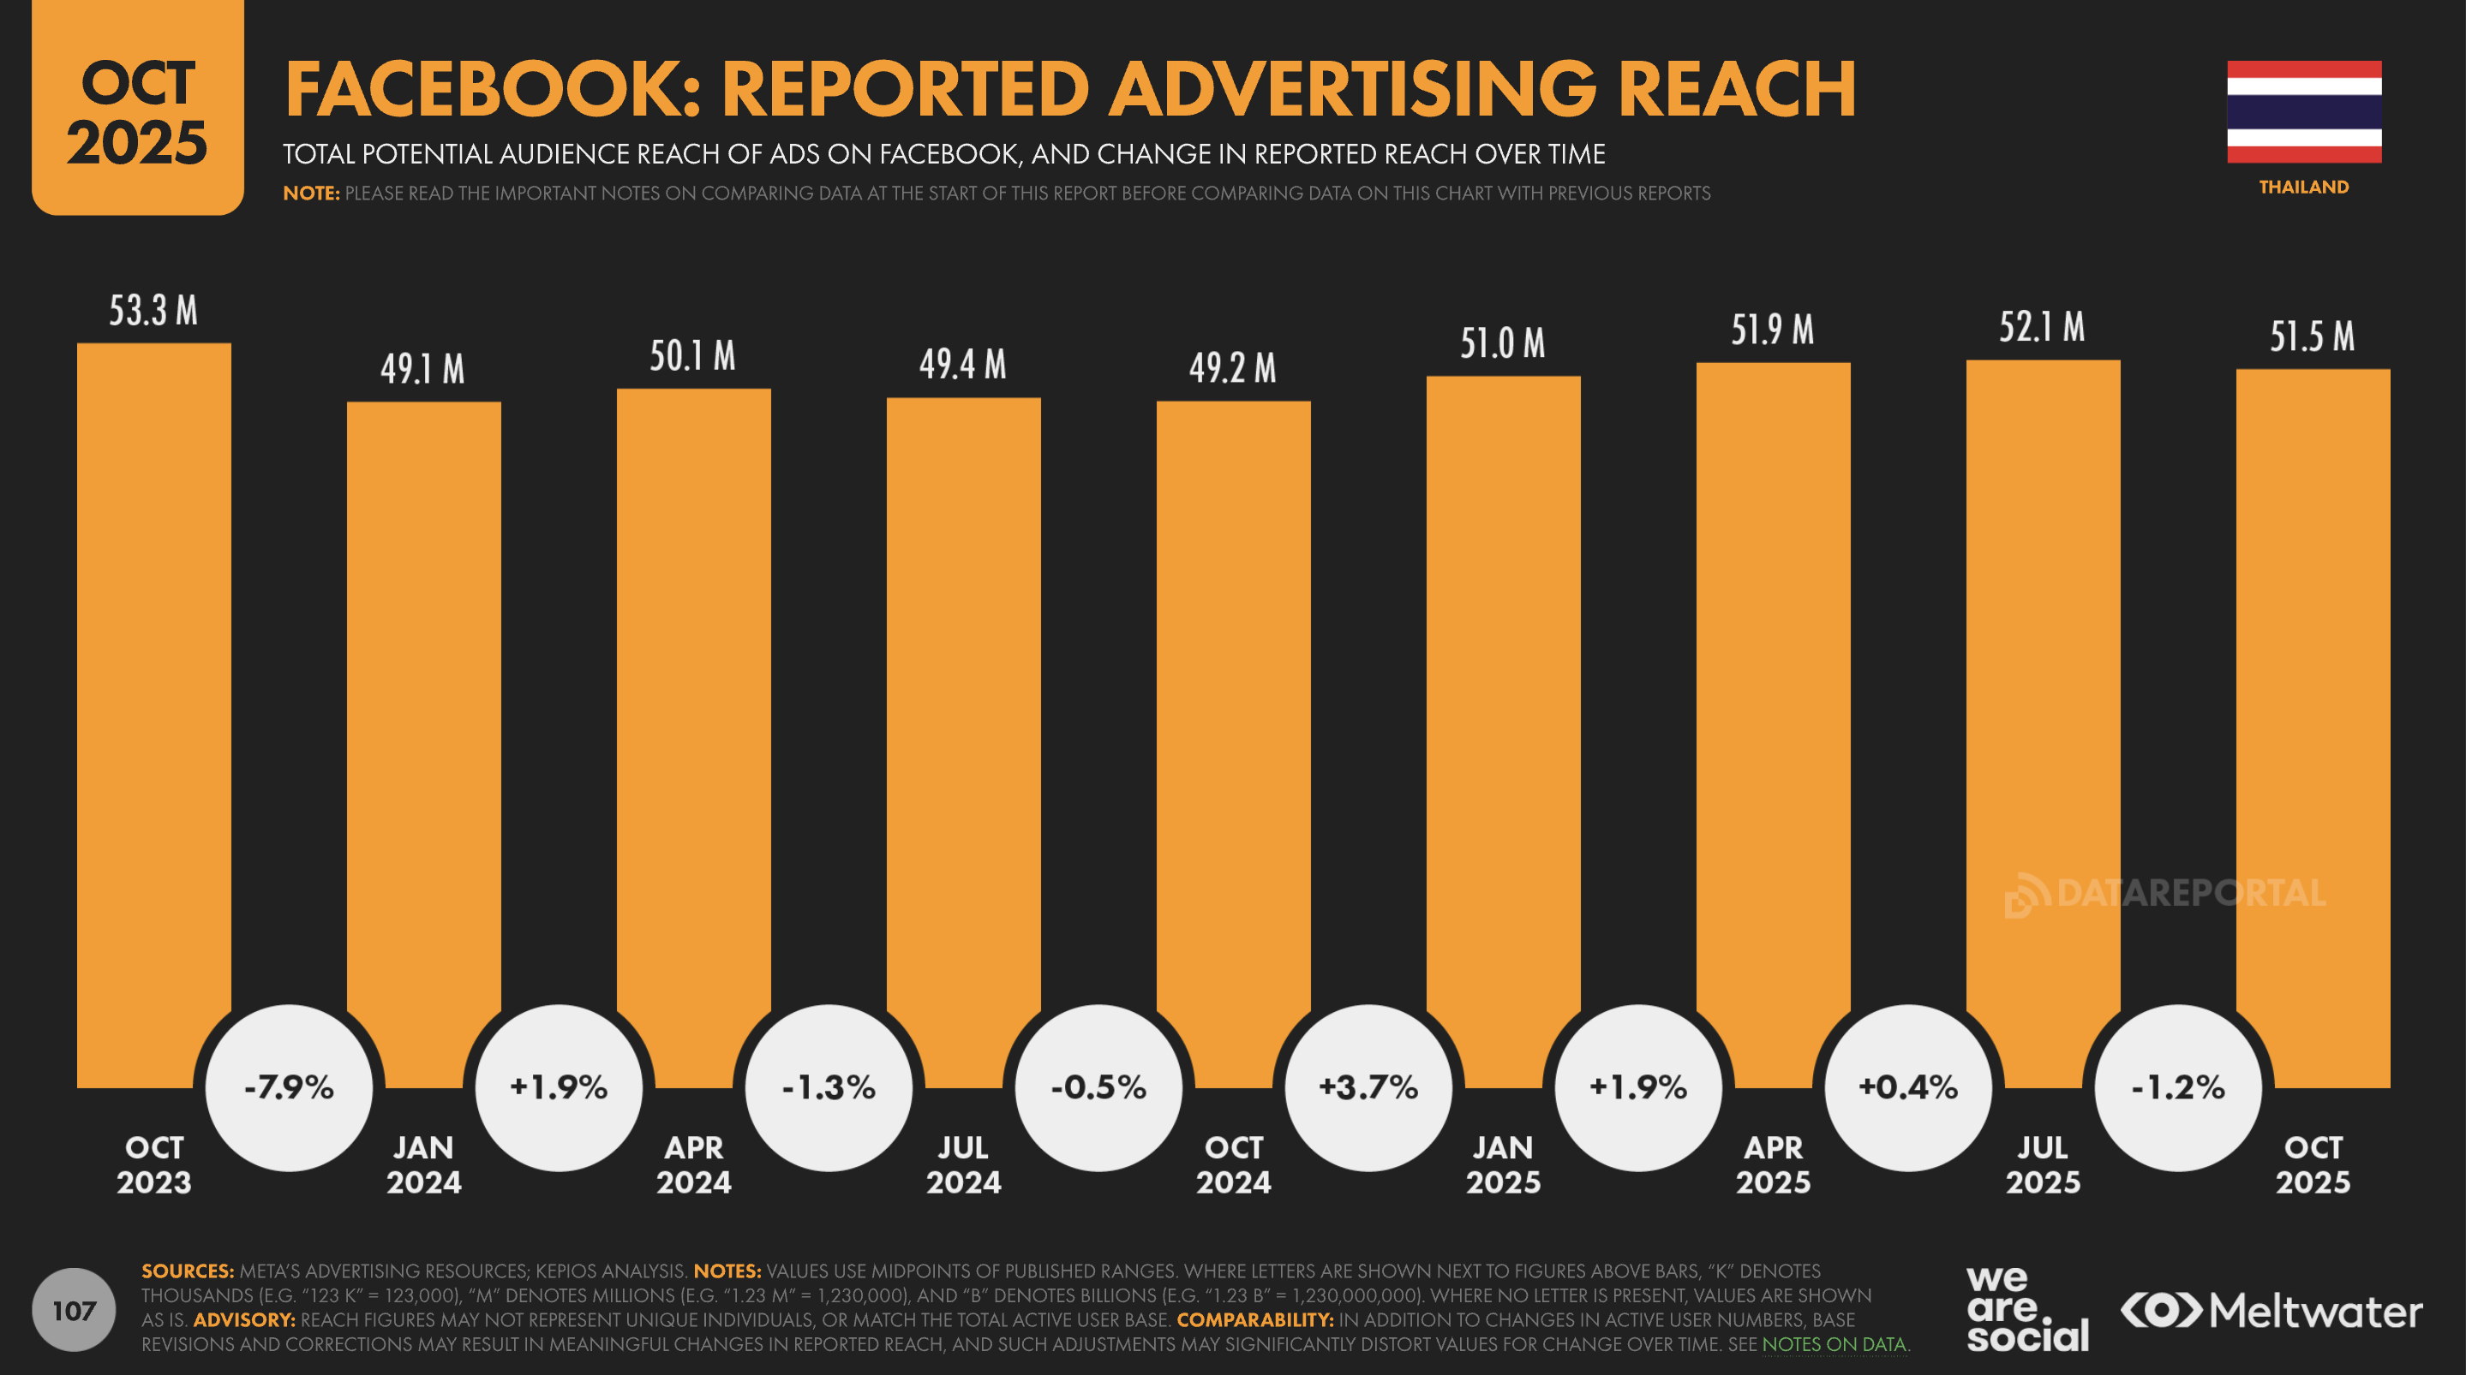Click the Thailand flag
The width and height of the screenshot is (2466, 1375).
tap(2303, 112)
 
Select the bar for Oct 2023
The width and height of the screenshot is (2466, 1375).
tap(154, 670)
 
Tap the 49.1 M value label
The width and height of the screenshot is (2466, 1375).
tap(422, 369)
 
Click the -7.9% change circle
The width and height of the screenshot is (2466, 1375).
tap(289, 1087)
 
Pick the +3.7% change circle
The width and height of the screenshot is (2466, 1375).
tap(1368, 1087)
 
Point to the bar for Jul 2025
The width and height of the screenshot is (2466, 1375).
tap(2043, 670)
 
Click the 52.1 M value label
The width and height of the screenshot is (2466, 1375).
tap(2041, 328)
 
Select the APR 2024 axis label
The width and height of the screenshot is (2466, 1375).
tap(694, 1164)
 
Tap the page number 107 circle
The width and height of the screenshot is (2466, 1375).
tap(74, 1310)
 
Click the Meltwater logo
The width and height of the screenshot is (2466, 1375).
tap(2271, 1311)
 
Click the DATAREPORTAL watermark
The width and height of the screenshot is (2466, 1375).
tap(2165, 895)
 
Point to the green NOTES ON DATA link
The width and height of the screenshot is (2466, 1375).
tap(1835, 1344)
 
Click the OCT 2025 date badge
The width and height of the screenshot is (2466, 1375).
tap(138, 110)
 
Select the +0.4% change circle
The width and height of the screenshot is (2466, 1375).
tap(1908, 1087)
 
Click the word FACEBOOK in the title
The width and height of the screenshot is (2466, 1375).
tap(492, 89)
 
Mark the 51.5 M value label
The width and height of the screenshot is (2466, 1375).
tap(2312, 336)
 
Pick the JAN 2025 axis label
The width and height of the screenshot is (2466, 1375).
tap(1503, 1164)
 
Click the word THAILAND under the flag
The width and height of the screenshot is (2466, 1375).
tap(2303, 187)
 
